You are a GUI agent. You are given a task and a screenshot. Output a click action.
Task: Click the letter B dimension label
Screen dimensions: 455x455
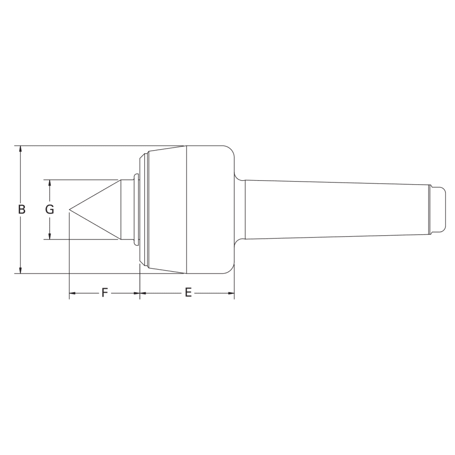point(21,210)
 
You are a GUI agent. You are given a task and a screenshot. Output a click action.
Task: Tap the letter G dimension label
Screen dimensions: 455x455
point(50,210)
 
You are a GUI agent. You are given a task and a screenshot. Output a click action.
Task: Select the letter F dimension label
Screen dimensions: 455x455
point(104,293)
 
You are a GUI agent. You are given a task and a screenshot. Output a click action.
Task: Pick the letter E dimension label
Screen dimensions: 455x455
point(188,293)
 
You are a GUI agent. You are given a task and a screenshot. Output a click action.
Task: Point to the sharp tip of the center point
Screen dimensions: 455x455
point(70,210)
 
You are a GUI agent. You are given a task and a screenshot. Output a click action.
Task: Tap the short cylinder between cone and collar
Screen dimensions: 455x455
point(126,210)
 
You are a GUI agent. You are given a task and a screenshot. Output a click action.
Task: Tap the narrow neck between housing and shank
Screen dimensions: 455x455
point(240,210)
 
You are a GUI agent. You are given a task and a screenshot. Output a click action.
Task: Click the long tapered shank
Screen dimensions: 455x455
point(337,210)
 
